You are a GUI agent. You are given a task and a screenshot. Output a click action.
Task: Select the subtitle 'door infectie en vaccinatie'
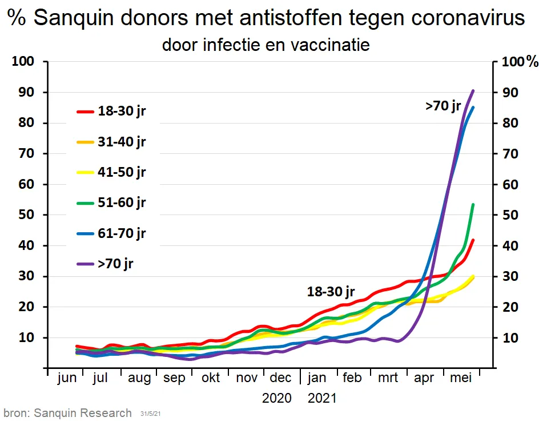266,44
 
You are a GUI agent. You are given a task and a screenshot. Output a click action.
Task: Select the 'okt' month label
210,379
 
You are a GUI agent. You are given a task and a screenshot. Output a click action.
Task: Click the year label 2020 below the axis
277,398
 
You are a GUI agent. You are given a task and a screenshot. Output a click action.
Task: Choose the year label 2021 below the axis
322,398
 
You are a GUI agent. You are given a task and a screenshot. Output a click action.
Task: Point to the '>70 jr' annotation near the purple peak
443,106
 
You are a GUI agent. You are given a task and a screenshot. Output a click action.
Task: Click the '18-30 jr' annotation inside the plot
331,292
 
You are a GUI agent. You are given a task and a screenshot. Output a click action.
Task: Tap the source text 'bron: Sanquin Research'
67,413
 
